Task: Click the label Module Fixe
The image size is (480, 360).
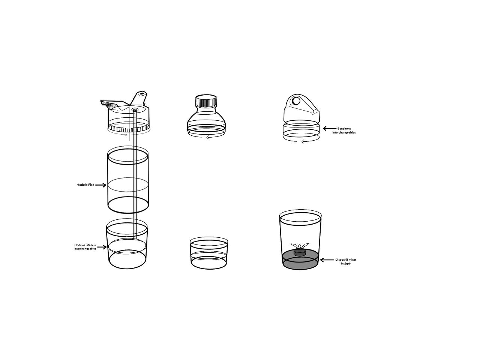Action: coord(85,185)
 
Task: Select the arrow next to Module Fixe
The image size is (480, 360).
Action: coord(101,185)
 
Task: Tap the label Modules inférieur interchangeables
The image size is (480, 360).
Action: coord(85,247)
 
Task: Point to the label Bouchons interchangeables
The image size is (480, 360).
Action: coord(344,130)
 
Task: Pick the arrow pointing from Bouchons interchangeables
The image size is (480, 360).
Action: coord(330,129)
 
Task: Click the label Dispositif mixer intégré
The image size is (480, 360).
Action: coord(343,261)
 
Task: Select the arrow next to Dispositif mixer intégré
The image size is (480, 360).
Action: coord(326,260)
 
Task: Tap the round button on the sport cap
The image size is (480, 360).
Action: coord(296,101)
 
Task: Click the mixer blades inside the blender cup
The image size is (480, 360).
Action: coord(300,246)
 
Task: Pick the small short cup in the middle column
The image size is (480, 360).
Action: coord(208,253)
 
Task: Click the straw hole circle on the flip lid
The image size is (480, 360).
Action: coord(135,110)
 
